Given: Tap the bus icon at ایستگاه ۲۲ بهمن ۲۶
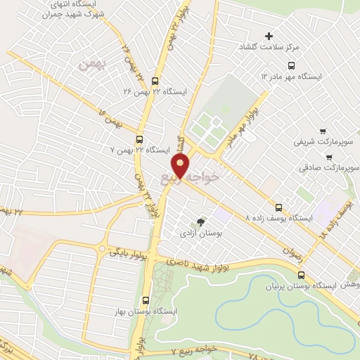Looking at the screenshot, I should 155,80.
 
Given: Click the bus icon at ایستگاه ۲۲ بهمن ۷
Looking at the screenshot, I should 140,139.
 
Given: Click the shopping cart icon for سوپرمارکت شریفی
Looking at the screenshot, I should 323,131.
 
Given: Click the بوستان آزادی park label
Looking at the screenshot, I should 201,231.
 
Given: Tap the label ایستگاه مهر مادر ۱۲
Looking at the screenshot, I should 294,75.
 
